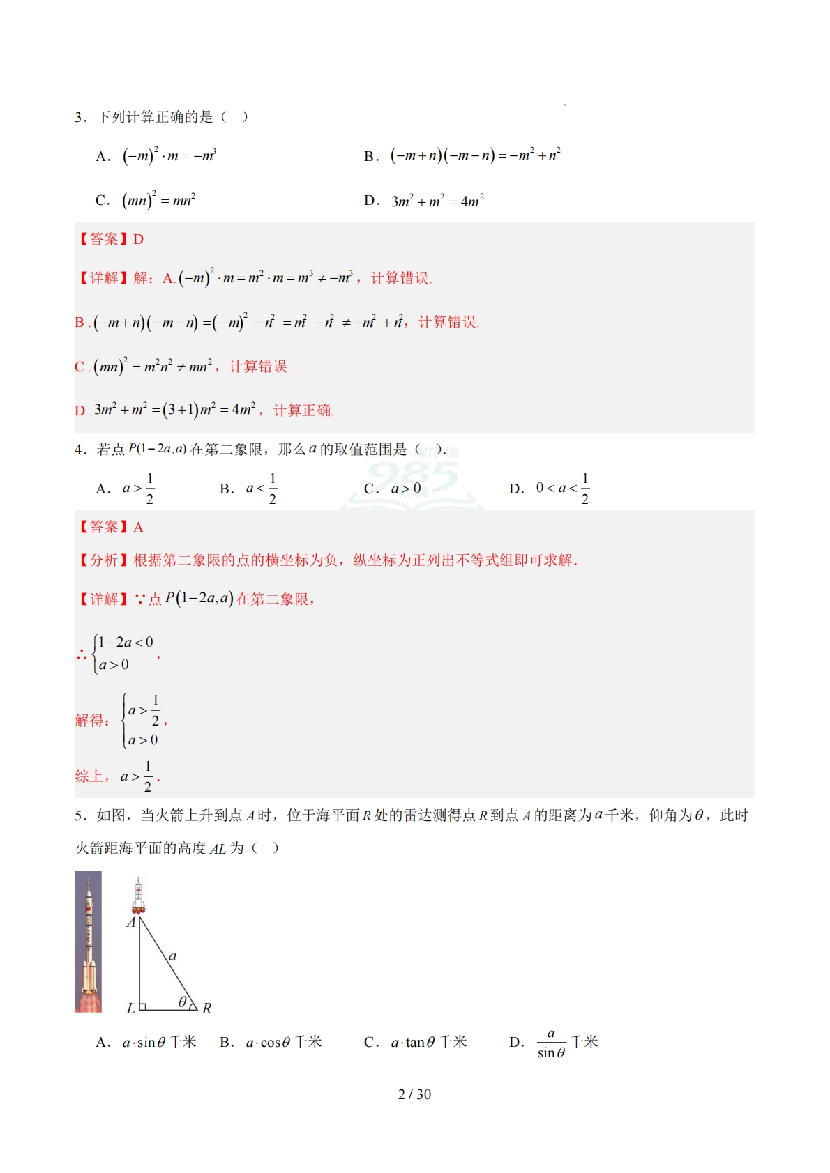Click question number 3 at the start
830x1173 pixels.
(x=79, y=117)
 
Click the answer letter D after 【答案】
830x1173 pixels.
(x=138, y=239)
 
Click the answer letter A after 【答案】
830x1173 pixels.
(x=138, y=527)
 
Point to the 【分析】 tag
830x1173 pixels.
(x=103, y=560)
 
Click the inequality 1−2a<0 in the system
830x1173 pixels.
(x=125, y=642)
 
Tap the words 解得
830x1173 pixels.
(x=91, y=720)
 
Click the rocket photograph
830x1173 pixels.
(x=88, y=941)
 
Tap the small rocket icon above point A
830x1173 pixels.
(x=138, y=896)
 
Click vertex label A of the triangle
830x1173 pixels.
(x=130, y=922)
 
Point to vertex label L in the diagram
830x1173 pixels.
(x=130, y=1008)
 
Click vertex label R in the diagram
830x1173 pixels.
(x=206, y=1008)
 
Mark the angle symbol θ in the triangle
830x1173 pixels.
(x=183, y=1002)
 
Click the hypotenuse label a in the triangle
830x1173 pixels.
(x=173, y=956)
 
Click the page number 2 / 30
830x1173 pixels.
(x=414, y=1094)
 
